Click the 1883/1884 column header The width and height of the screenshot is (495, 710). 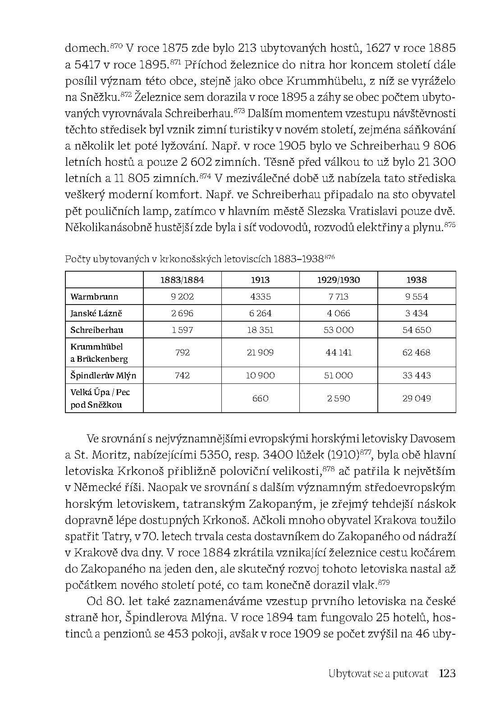tap(182, 280)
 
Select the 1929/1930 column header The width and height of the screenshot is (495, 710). tap(339, 280)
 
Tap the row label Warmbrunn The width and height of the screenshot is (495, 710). tap(94, 296)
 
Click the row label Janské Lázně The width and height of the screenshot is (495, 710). tap(96, 313)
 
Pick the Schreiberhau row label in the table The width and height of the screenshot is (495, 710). tap(96, 330)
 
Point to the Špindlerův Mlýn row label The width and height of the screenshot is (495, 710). tap(103, 375)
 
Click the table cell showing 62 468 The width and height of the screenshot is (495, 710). tap(416, 352)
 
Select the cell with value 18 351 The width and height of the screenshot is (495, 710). tap(260, 330)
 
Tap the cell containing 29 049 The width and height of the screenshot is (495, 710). tap(416, 398)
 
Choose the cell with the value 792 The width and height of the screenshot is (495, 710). tap(182, 352)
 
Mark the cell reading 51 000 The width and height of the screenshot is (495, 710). tap(339, 375)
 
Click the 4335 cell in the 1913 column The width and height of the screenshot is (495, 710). tap(260, 296)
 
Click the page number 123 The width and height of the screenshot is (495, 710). tap(447, 674)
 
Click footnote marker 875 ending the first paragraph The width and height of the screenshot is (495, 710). tap(450, 224)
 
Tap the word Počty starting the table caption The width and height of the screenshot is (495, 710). tap(77, 259)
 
